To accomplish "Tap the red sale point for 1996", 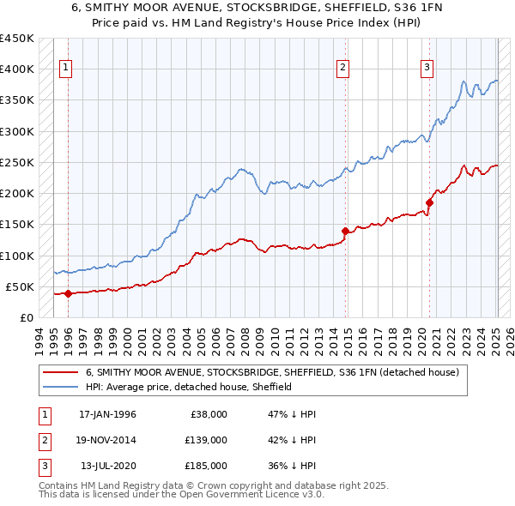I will point(68,293).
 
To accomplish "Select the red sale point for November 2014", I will point(344,231).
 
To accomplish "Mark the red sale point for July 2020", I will point(428,202).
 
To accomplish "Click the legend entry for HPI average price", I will point(189,387).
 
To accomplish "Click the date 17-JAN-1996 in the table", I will point(107,414).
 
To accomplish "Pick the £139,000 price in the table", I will point(206,440).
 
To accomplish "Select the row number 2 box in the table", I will point(42,440).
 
